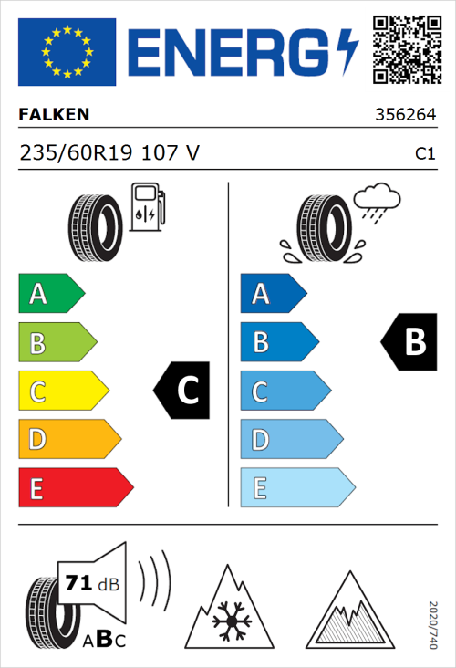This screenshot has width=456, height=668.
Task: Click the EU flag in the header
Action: [67, 52]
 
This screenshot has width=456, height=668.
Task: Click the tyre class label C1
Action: [424, 154]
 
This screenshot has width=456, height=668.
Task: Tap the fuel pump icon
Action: [146, 207]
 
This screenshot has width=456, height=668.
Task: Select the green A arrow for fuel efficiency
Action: [50, 294]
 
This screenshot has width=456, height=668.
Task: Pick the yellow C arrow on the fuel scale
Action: [62, 391]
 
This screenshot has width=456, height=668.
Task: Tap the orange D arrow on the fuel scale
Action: [68, 440]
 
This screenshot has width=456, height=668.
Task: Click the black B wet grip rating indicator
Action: [407, 342]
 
